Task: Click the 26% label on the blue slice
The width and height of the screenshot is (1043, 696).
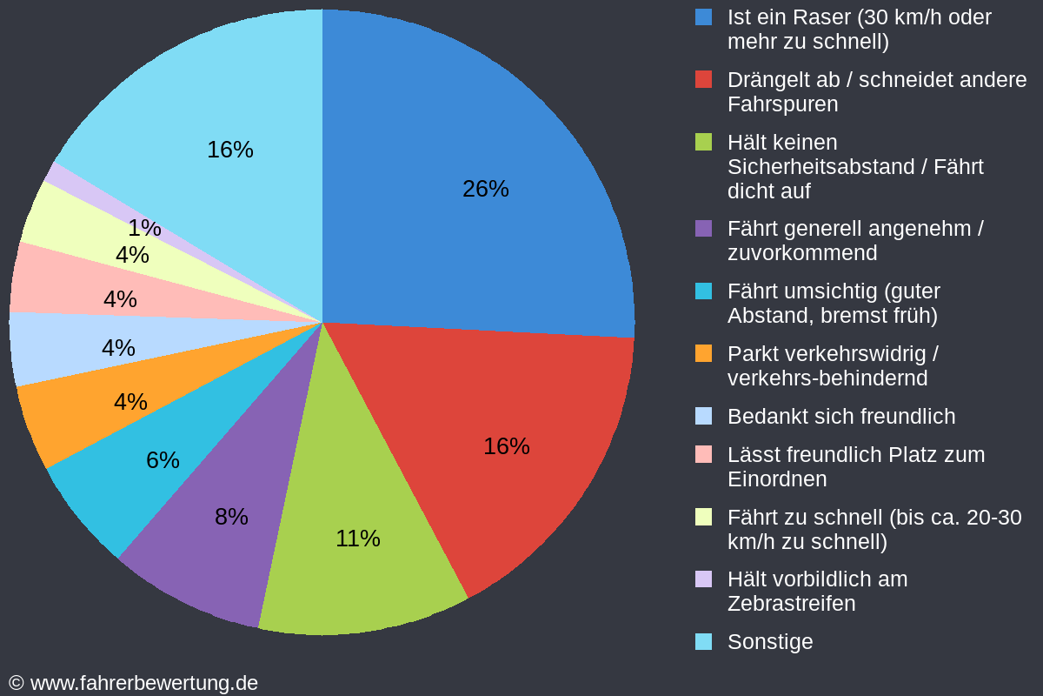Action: tap(486, 189)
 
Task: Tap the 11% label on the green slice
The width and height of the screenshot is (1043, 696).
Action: tap(358, 539)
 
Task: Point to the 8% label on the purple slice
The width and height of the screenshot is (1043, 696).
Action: tap(231, 517)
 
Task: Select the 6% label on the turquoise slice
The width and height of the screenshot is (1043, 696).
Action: tap(163, 460)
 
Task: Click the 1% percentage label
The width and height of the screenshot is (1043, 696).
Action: tap(144, 228)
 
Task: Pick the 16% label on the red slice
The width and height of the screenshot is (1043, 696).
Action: tap(507, 446)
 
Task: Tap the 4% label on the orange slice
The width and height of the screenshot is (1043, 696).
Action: tap(130, 402)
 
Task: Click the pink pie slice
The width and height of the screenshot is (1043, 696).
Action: tap(52, 278)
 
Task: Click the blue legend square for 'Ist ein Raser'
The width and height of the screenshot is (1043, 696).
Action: tap(704, 17)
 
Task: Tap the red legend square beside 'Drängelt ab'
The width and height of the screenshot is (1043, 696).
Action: tap(704, 79)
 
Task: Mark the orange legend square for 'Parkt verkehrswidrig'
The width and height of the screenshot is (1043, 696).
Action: tap(704, 353)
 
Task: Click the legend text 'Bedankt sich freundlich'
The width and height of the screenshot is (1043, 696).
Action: tap(840, 417)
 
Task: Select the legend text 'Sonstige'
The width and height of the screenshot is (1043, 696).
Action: tap(770, 642)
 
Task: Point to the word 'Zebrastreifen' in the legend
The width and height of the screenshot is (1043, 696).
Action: tap(791, 604)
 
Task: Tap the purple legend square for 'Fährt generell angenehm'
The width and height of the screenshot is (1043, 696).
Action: tap(704, 229)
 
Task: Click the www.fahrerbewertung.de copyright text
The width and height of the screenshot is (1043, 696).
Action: tap(143, 683)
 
